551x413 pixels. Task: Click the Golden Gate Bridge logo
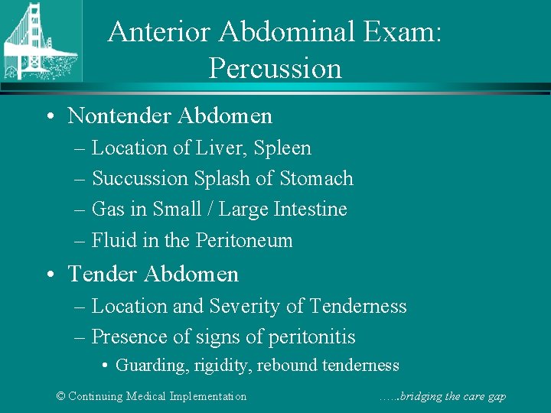(40, 42)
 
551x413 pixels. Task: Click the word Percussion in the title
(275, 69)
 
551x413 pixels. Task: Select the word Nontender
(119, 116)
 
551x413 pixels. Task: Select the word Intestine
(311, 210)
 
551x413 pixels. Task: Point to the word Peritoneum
(244, 240)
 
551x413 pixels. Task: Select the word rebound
(284, 366)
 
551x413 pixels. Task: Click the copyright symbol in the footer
(62, 396)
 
